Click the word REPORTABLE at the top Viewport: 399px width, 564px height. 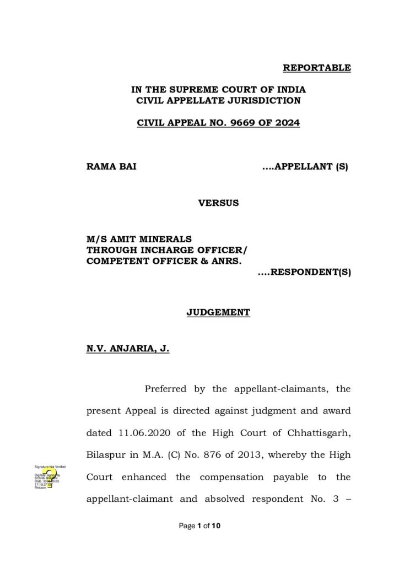click(x=316, y=68)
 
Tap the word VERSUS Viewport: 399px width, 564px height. click(x=218, y=203)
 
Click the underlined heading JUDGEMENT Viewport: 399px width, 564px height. click(x=218, y=312)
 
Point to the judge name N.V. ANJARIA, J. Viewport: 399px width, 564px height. click(x=127, y=348)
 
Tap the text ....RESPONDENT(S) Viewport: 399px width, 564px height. click(x=304, y=272)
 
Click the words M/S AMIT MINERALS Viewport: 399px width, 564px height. click(x=139, y=238)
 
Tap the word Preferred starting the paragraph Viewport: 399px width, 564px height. click(x=165, y=389)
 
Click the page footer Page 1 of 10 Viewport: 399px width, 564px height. click(x=199, y=526)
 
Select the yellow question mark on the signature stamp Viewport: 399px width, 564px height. click(x=50, y=477)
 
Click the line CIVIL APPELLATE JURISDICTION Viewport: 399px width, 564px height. click(x=218, y=100)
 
